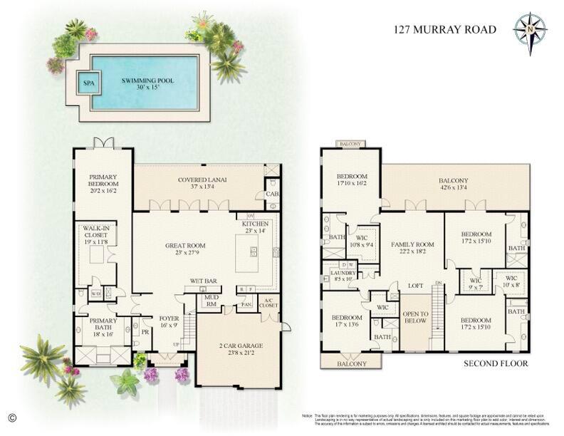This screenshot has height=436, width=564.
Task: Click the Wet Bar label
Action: [203, 281]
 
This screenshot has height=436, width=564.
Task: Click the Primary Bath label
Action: [103, 324]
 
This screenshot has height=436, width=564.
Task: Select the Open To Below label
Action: [415, 318]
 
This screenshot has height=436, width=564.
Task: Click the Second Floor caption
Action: [496, 363]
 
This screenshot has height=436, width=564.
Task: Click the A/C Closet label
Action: [269, 304]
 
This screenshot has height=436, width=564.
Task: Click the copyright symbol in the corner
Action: [11, 416]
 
